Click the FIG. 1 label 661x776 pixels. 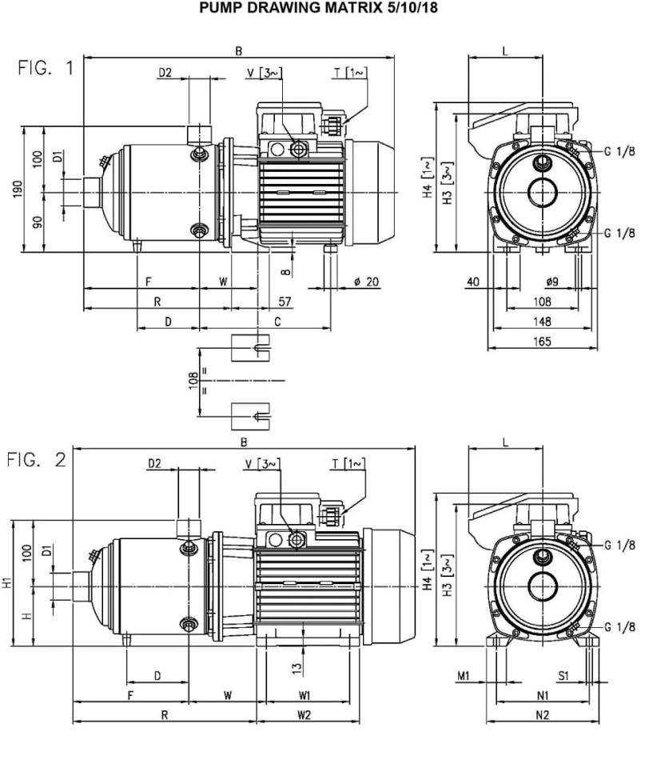(x=46, y=68)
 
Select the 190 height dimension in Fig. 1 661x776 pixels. (x=18, y=188)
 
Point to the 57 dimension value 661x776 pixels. (x=284, y=302)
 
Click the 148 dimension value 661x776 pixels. (x=543, y=322)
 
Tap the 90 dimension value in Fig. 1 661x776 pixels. (x=37, y=222)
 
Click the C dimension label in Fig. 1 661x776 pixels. (x=277, y=322)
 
